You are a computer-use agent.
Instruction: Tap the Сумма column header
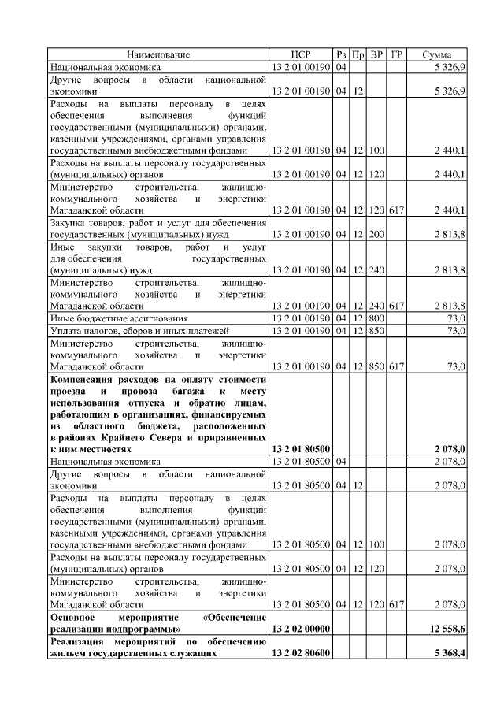(436, 54)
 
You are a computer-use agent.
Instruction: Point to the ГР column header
(397, 54)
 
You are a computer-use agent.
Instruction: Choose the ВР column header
(377, 54)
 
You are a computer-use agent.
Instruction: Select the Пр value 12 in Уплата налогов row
(358, 330)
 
